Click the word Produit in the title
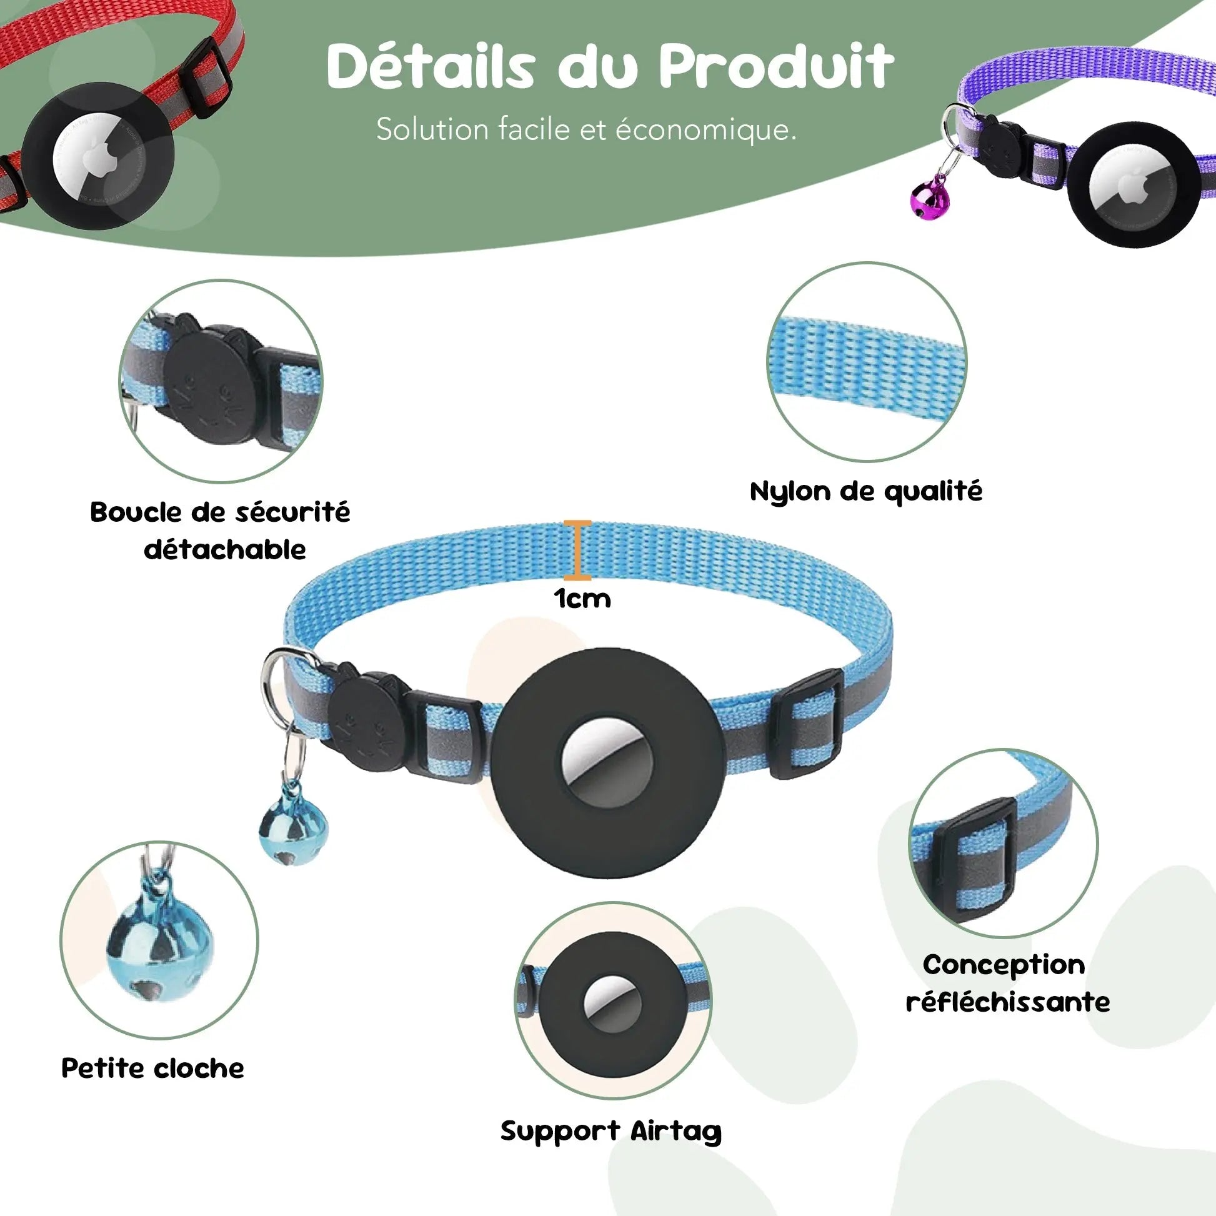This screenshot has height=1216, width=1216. pos(776,68)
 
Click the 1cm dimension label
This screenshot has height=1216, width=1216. pos(582,599)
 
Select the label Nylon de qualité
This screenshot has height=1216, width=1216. pos(866,492)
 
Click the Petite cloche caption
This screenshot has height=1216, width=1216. pos(153,1069)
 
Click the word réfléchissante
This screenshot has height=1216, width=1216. pos(1008,1002)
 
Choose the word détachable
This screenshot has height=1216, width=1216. pos(225,550)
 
